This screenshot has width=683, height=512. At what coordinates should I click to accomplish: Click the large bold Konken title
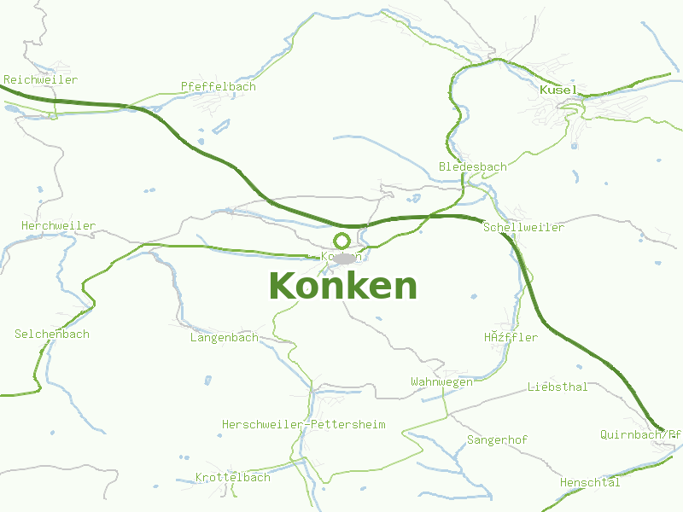click(x=343, y=286)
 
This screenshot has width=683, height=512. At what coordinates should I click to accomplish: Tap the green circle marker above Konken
click(x=342, y=241)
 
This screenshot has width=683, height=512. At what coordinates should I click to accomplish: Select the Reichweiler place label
click(x=40, y=79)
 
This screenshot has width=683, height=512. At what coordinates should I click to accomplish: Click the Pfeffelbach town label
click(x=218, y=86)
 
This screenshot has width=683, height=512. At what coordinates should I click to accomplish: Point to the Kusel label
click(x=558, y=90)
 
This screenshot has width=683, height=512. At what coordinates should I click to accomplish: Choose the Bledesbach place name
click(x=472, y=166)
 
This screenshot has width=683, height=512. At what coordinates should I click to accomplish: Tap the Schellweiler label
click(x=523, y=227)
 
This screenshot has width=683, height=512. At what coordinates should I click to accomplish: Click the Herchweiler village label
click(x=58, y=225)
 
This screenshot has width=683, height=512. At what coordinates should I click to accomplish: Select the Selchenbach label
click(x=51, y=334)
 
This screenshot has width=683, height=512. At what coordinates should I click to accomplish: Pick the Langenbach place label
click(x=224, y=337)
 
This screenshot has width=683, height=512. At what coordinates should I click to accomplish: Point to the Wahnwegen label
click(x=441, y=381)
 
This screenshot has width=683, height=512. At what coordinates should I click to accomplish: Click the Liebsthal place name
click(x=557, y=387)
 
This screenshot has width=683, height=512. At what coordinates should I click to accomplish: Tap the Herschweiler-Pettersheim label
click(x=303, y=424)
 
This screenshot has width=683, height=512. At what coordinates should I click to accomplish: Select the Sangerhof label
click(x=497, y=439)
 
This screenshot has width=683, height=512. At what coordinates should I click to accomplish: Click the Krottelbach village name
click(x=232, y=477)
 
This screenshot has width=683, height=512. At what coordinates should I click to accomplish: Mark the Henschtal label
click(x=590, y=482)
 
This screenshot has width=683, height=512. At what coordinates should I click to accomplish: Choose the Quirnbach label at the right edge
click(x=640, y=433)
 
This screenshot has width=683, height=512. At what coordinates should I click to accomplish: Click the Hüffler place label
click(x=511, y=337)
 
